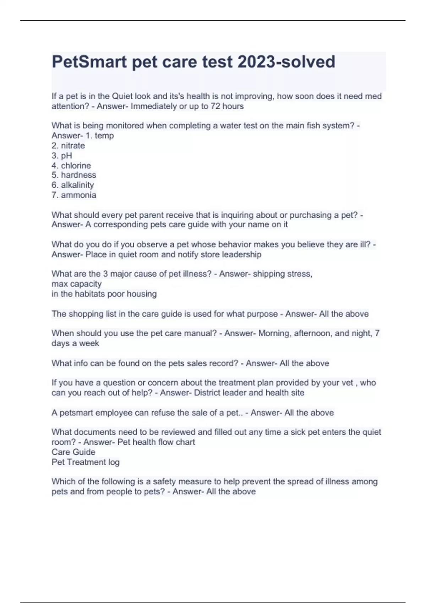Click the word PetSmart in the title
(x=89, y=62)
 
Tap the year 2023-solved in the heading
(x=286, y=62)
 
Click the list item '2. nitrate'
(x=68, y=145)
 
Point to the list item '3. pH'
(x=62, y=155)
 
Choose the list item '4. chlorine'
(x=71, y=165)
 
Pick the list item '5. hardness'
(x=74, y=175)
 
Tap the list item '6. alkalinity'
(x=73, y=185)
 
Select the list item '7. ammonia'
(x=74, y=195)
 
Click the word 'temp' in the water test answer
(x=104, y=135)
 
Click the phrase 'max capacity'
(x=77, y=284)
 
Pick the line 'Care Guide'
(x=73, y=452)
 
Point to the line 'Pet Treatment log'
(x=86, y=462)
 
